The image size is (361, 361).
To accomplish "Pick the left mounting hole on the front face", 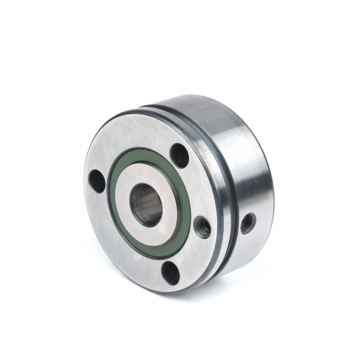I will point(97,181).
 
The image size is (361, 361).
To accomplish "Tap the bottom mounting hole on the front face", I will point(171,273).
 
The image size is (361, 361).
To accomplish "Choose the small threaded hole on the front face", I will point(202,227).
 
